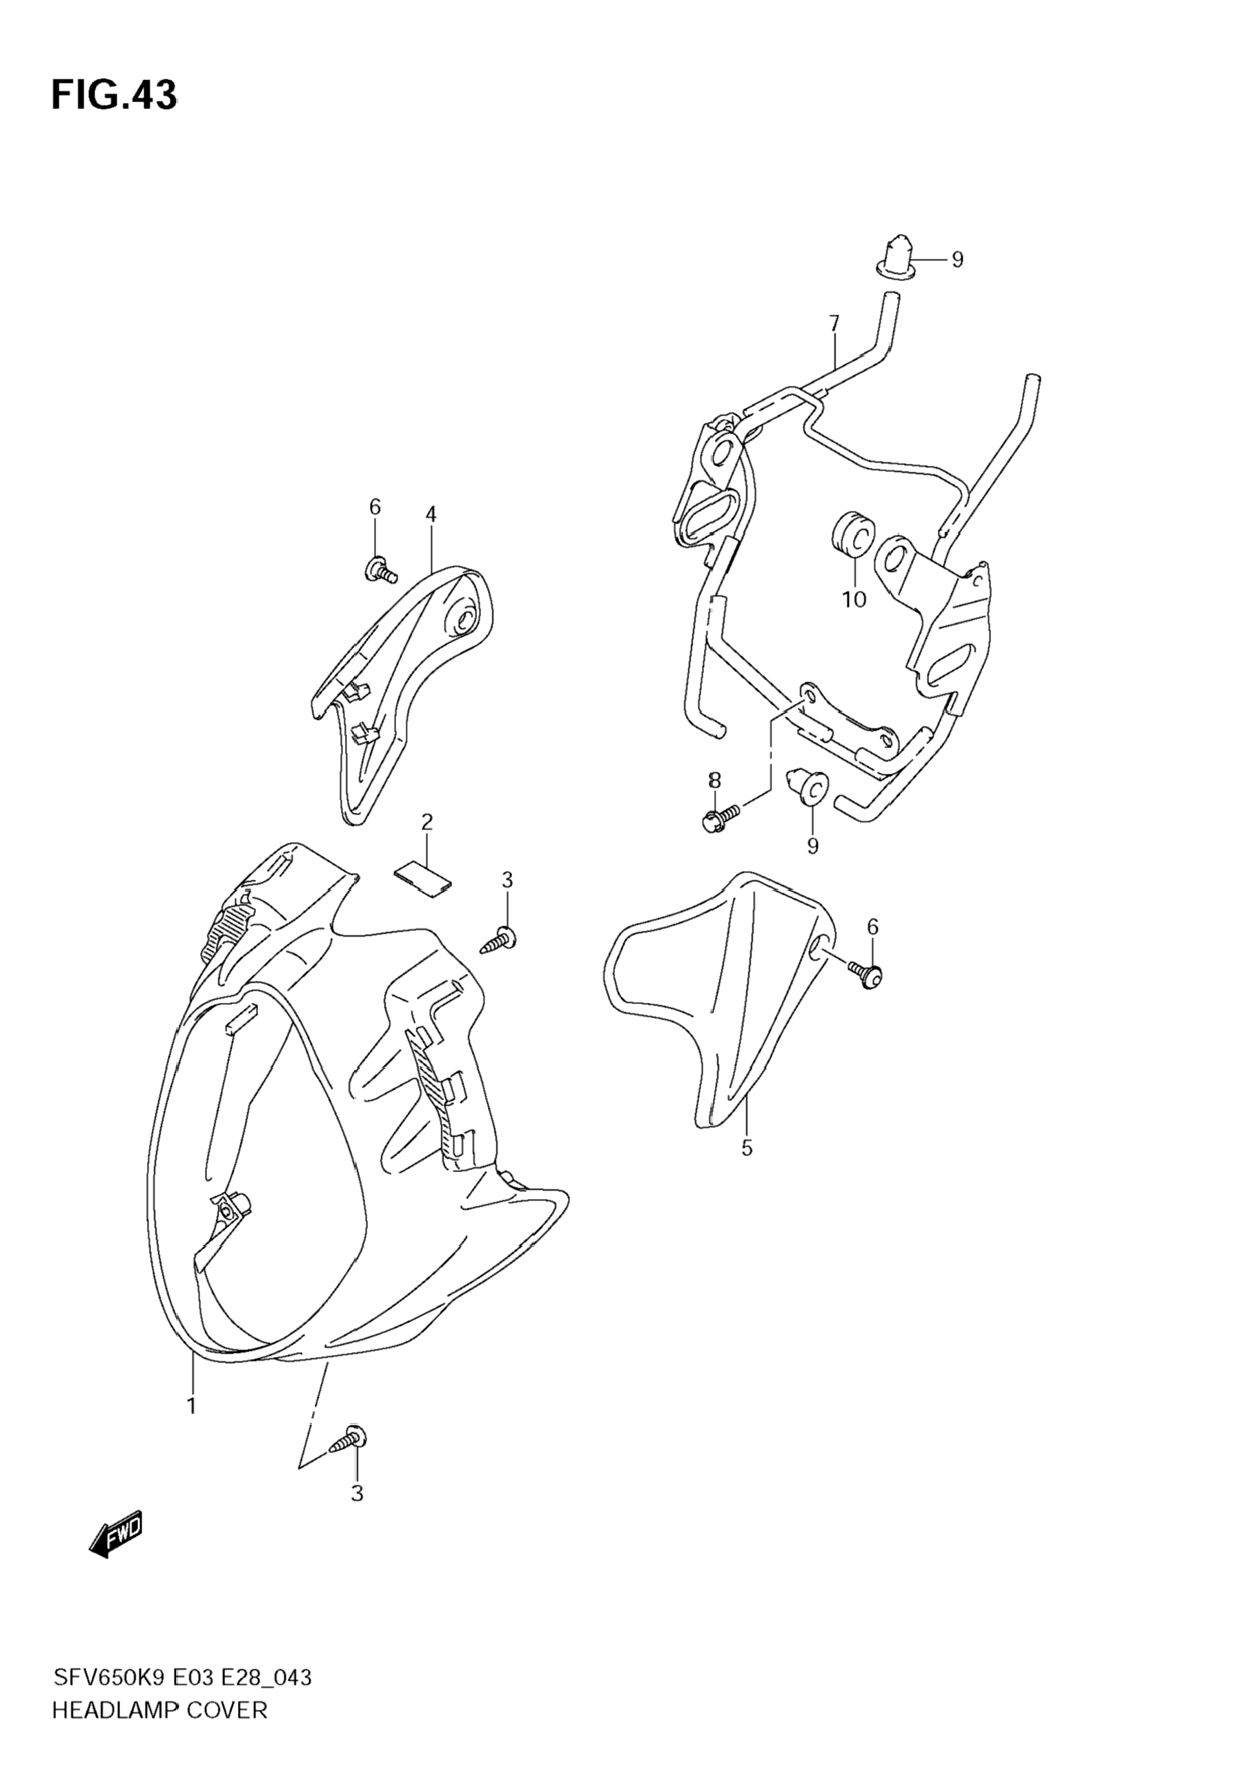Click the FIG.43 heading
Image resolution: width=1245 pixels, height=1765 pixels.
[114, 96]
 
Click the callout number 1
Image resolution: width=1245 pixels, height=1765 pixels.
[191, 1406]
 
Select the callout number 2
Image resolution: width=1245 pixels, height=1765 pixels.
[427, 823]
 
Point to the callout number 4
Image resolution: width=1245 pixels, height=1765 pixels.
[431, 514]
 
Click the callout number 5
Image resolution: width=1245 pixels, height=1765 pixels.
[746, 1170]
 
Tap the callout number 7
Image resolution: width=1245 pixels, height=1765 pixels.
[834, 324]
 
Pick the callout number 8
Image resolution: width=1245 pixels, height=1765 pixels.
[715, 780]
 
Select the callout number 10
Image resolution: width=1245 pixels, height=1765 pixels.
[854, 599]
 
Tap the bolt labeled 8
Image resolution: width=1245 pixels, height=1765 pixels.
[720, 818]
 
